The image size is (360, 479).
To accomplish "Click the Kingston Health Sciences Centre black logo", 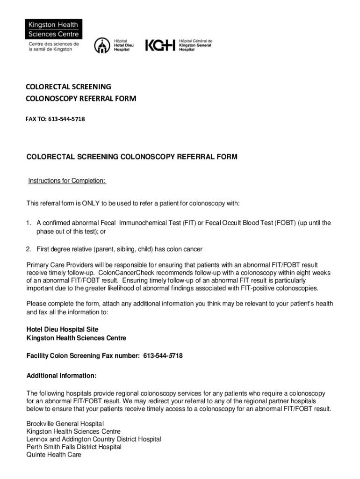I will click(x=54, y=29).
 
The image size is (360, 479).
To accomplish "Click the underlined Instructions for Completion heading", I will click(x=67, y=181).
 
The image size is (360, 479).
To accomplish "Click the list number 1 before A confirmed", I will click(x=29, y=223).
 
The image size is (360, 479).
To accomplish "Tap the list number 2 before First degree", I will click(x=29, y=249).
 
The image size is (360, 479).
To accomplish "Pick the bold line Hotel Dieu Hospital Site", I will click(x=63, y=330).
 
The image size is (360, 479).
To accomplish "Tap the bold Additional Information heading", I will click(x=62, y=376).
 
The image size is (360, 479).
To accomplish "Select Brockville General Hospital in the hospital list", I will click(x=62, y=424).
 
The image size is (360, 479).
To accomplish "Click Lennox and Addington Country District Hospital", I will click(x=94, y=439).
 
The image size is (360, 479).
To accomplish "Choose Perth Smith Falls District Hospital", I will click(x=74, y=447).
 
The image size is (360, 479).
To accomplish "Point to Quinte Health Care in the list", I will click(x=54, y=454).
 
